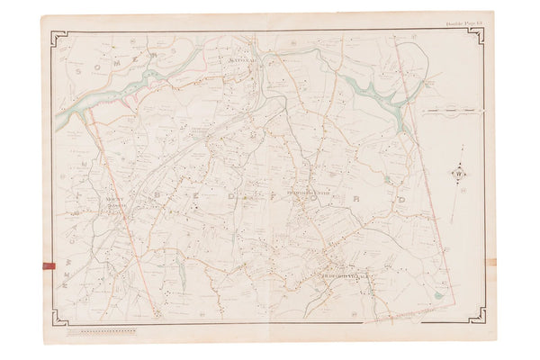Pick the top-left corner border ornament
(59, 38)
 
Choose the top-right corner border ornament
(477, 37)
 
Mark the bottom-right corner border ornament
(477, 317)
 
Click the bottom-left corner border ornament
(59, 317)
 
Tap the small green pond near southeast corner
(437, 294)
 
